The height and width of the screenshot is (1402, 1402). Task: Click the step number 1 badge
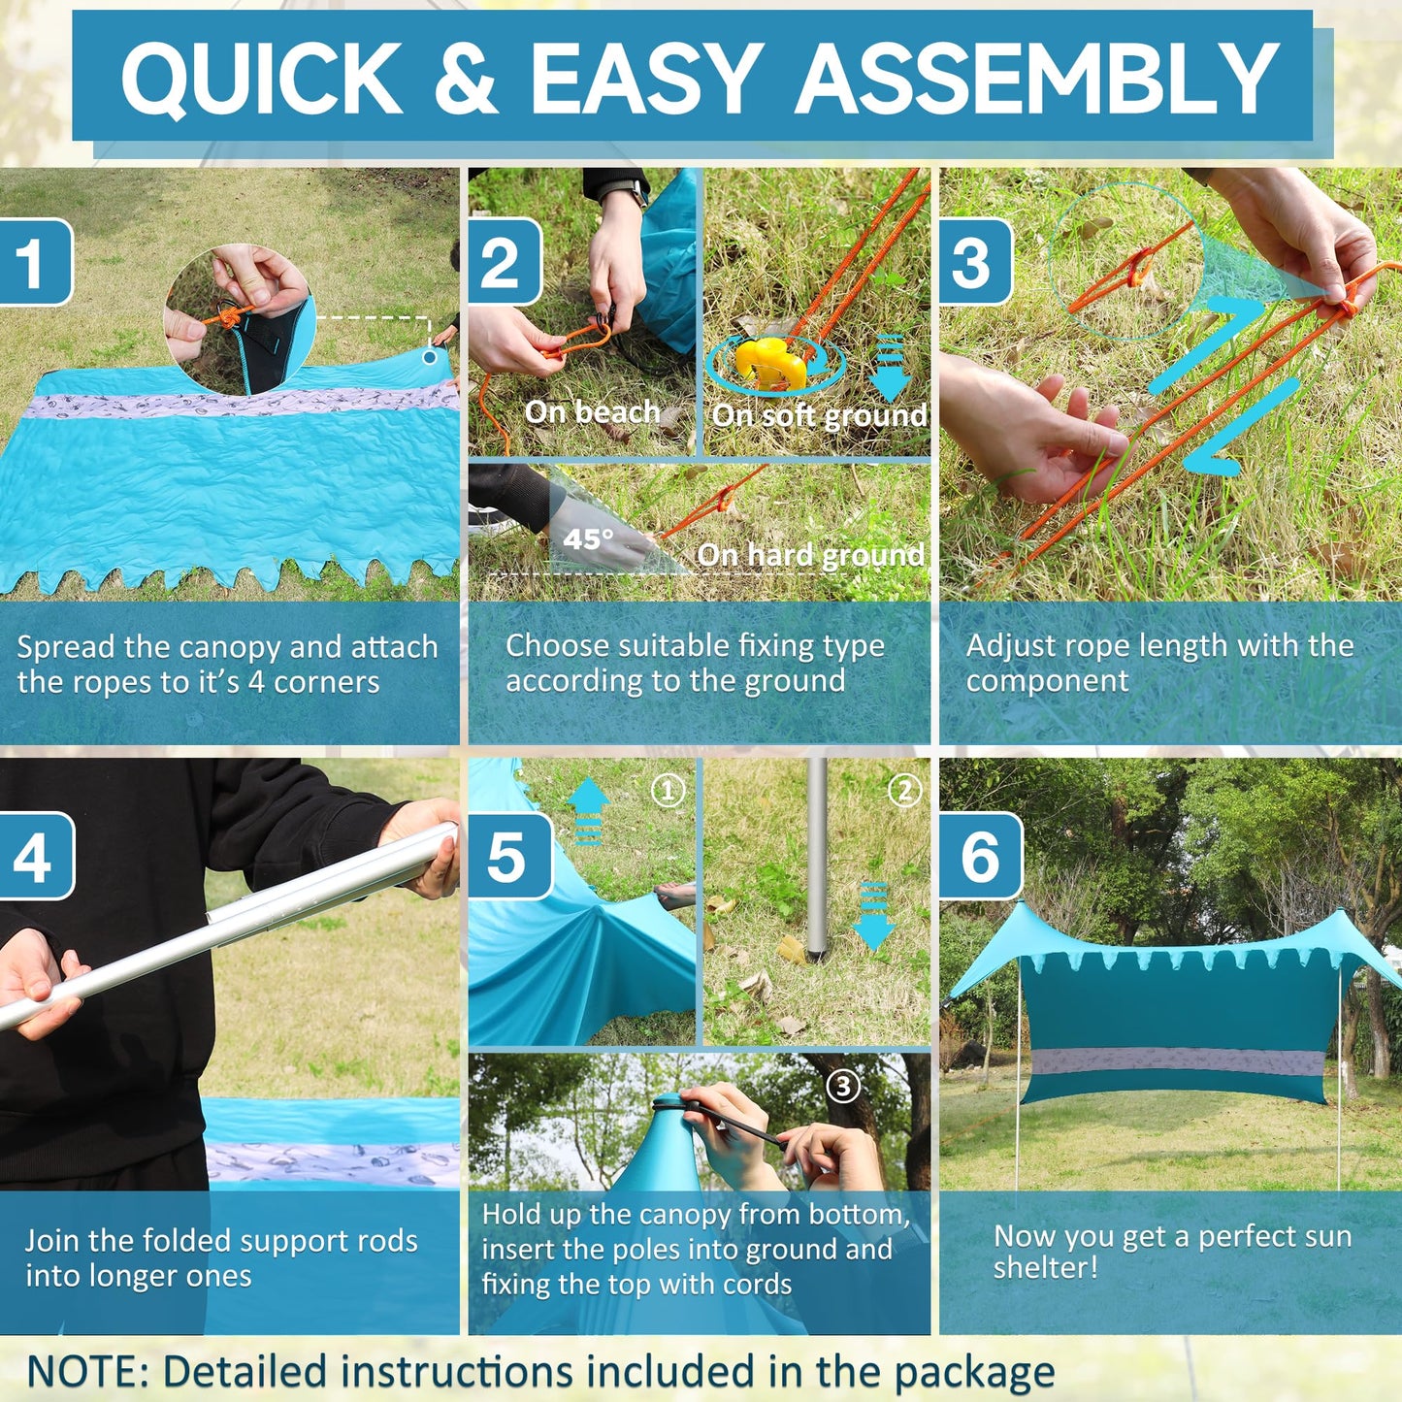point(35,262)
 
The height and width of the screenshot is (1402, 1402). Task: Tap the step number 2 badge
point(505,262)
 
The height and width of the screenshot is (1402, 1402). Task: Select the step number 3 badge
point(975,262)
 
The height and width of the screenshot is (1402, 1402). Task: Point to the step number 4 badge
point(36,857)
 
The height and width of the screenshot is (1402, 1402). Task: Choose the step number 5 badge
point(510,857)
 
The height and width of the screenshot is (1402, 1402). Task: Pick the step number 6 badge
point(981,857)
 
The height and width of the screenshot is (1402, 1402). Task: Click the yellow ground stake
point(771,364)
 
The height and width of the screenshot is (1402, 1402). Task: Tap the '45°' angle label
point(588,539)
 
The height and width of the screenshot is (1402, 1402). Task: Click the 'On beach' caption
point(592,411)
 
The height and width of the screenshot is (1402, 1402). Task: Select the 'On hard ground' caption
point(810,555)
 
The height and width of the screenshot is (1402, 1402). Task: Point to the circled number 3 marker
point(843,1087)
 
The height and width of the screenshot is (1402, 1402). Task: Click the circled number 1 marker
point(668,790)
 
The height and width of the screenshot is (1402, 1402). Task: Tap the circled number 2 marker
point(905,790)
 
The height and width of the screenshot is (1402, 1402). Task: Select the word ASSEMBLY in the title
point(1037,78)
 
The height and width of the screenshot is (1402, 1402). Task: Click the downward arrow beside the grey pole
point(873,916)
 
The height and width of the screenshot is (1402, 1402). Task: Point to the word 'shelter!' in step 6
point(1046,1267)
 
